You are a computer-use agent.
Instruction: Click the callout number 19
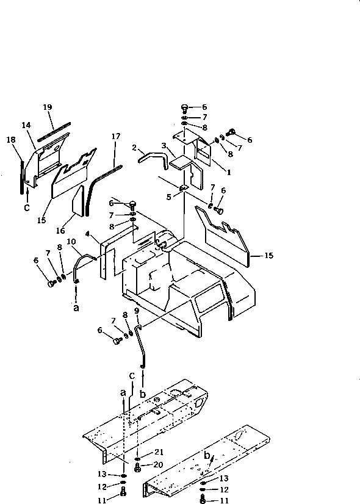pos(48,107)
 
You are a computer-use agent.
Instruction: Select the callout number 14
pos(26,125)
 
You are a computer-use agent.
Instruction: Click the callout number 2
pos(134,148)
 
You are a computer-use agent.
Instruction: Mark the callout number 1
pos(228,173)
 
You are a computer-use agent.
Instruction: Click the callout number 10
pos(71,242)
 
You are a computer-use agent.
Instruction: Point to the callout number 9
pos(137,310)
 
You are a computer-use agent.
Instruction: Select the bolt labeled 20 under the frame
pos(139,468)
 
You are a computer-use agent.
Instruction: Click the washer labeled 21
pos(140,456)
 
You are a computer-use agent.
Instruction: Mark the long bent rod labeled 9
pos(144,348)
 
